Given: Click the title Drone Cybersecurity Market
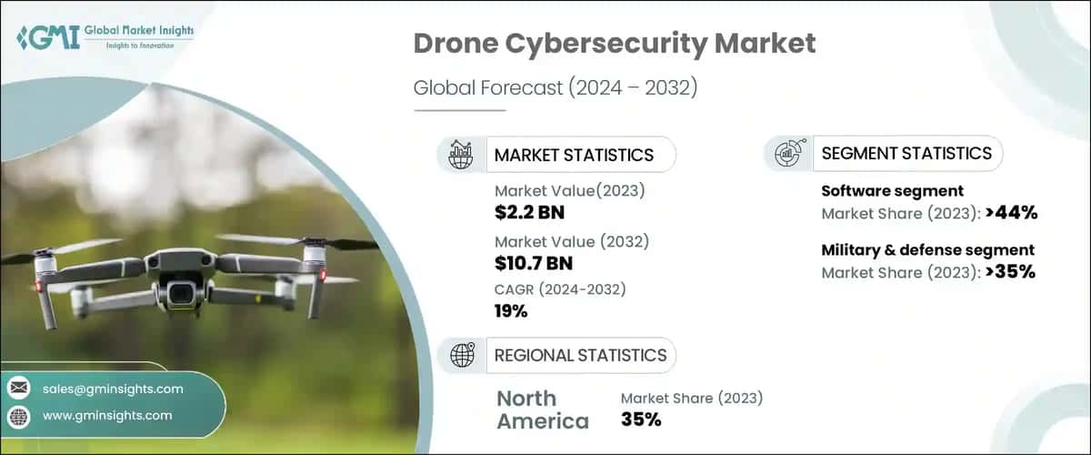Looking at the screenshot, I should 615,43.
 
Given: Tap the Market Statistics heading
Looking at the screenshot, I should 573,155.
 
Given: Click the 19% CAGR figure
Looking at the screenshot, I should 511,311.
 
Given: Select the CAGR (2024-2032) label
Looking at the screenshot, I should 561,289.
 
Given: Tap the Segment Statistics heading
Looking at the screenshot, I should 906,154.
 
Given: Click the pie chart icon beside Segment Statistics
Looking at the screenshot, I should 787,154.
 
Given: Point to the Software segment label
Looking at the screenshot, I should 892,191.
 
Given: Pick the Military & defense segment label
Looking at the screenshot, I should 927,249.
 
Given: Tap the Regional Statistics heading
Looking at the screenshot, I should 580,355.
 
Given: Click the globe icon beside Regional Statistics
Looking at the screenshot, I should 462,355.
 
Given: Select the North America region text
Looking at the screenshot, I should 542,409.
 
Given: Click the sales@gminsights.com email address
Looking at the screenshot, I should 113,389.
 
